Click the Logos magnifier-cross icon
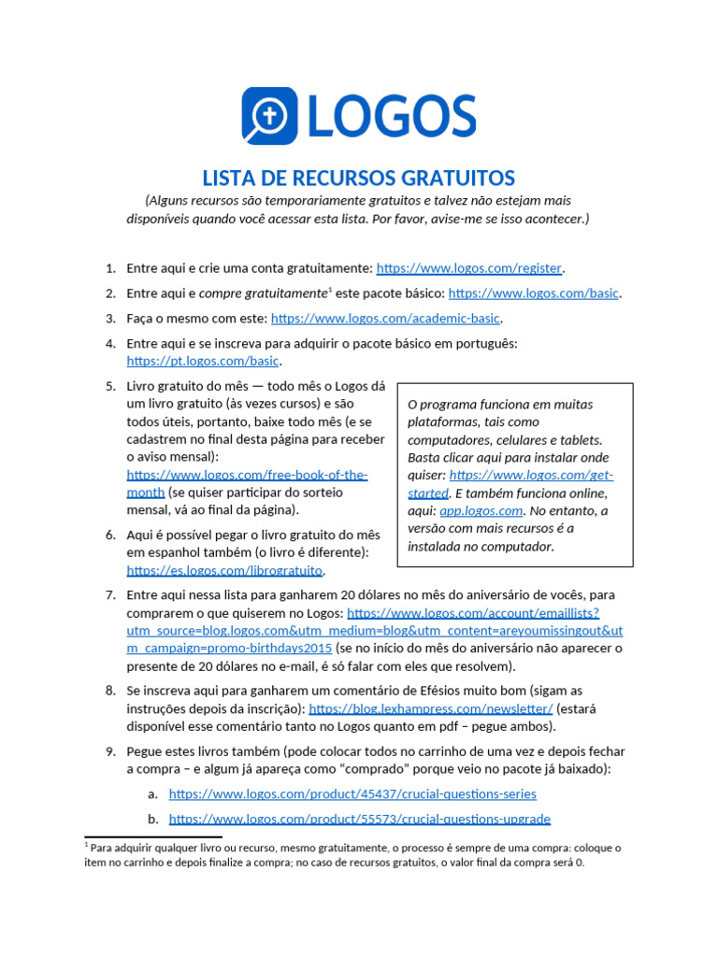269,116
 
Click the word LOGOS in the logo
391,117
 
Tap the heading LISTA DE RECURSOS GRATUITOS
359,178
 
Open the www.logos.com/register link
468,268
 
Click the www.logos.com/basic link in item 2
533,293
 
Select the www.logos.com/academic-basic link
386,318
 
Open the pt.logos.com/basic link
203,361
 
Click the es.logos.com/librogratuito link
230,570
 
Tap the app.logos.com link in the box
494,511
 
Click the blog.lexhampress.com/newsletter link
430,709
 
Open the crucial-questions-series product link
352,793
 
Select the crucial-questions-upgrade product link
359,819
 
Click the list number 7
109,594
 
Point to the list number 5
109,386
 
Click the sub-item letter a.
152,793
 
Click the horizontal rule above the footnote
153,836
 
